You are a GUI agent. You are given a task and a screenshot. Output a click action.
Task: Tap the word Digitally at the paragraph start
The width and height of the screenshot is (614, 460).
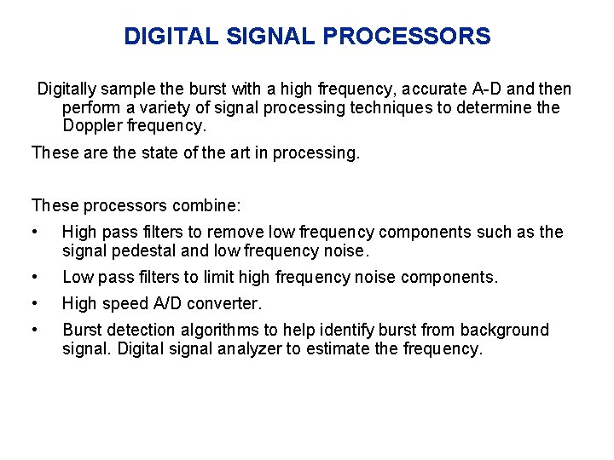(72, 89)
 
